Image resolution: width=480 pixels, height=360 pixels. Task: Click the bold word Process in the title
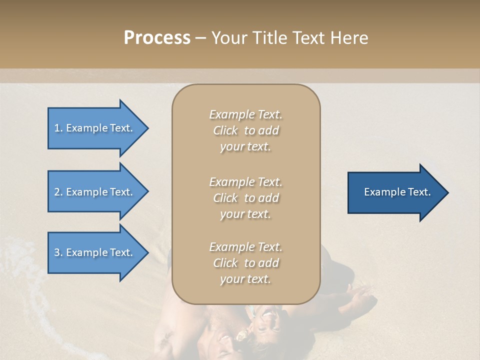click(157, 38)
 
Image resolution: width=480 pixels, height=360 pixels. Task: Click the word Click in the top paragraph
click(225, 131)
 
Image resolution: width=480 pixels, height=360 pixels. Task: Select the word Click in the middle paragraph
click(225, 198)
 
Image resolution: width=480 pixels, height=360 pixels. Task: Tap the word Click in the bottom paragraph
click(225, 263)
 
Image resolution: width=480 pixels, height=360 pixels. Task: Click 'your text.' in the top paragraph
click(245, 147)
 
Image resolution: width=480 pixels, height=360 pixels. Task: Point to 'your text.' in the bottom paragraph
click(245, 279)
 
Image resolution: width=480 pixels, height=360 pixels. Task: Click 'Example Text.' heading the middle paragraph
click(245, 182)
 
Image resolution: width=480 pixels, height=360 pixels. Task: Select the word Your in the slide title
click(228, 38)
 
